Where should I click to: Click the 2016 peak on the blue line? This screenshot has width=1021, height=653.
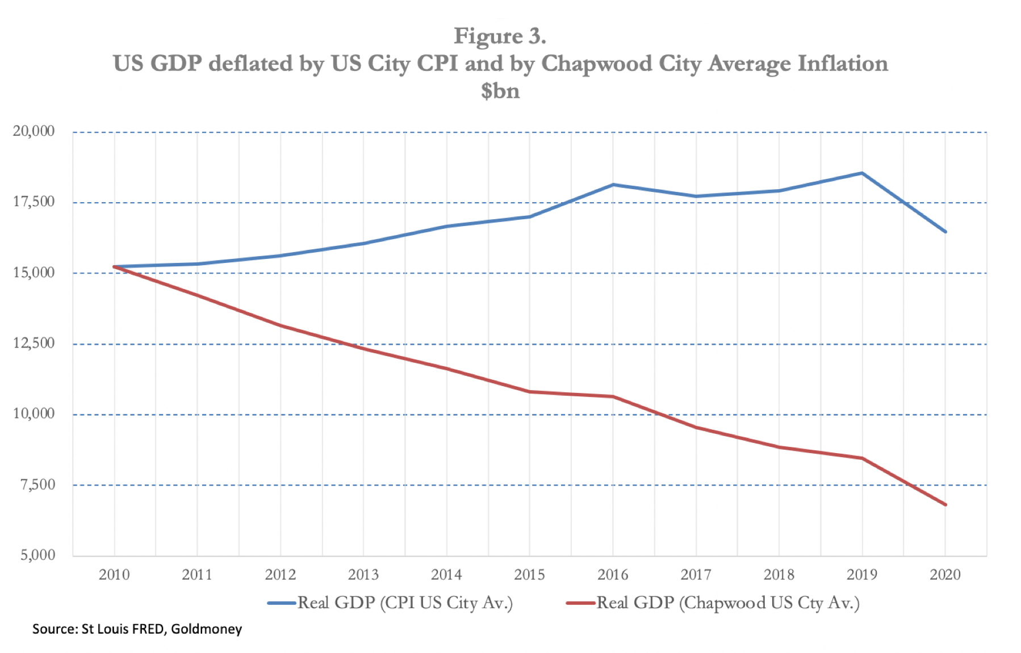613,185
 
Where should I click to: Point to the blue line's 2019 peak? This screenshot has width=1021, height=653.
862,173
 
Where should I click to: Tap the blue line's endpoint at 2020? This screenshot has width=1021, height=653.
945,232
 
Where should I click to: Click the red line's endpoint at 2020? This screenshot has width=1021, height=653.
945,504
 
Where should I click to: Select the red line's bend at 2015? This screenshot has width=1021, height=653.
530,392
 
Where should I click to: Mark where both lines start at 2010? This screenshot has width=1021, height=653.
115,266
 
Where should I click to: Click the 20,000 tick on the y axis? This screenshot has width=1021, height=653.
34,131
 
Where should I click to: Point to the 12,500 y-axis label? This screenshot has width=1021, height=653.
34,343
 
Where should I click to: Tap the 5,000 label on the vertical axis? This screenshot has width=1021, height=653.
37,555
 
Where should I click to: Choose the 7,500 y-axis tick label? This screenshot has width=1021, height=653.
37,484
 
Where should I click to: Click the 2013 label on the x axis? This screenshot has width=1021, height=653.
363,575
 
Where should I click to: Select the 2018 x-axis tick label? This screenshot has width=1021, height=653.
779,575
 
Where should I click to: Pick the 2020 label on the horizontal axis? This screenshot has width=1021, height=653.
945,575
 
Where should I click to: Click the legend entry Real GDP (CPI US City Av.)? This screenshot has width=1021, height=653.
404,602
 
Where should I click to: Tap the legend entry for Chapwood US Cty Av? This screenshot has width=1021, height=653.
727,602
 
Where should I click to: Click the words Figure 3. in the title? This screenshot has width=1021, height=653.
500,36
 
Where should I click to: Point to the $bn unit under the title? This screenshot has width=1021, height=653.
500,91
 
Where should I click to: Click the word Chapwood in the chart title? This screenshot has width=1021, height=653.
596,64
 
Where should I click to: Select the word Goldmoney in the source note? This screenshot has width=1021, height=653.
206,629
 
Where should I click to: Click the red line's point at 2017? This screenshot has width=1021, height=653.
696,427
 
